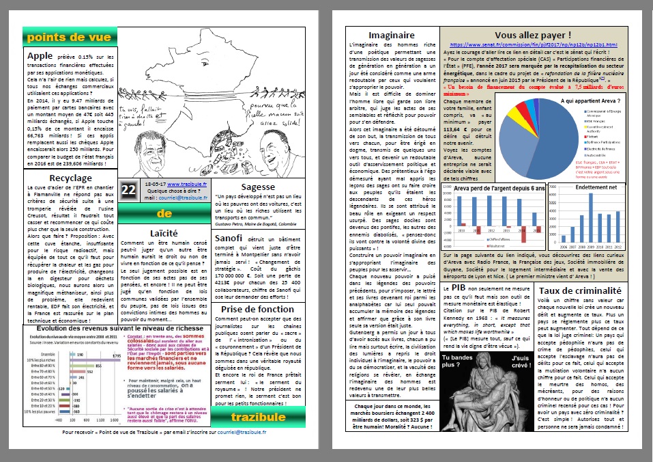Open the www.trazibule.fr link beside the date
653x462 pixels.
tap(183, 184)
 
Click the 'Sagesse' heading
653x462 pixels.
tap(258, 187)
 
